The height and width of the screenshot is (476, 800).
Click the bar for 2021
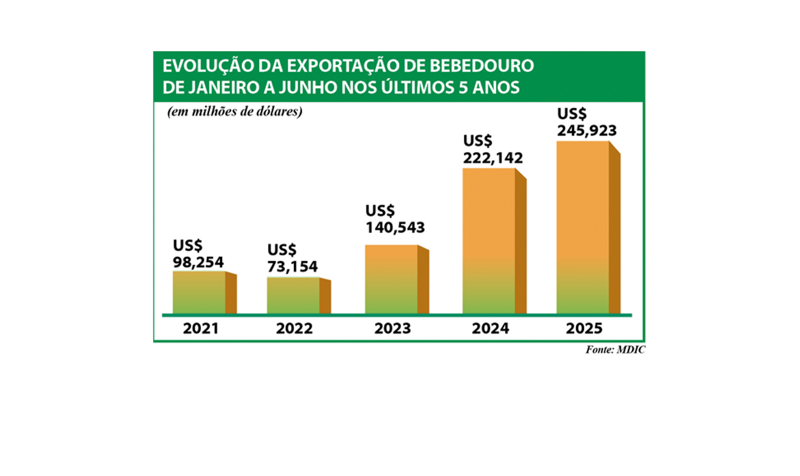coord(199,292)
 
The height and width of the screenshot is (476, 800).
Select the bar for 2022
coord(293,295)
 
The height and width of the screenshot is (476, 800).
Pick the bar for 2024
coord(489,240)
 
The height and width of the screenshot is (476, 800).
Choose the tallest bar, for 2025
coord(583,227)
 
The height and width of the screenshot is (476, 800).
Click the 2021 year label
coord(201,328)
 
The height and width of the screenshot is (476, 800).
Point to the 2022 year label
coord(294,328)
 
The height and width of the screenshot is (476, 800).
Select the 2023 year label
coord(393,328)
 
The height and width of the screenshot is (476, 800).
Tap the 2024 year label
coord(490,328)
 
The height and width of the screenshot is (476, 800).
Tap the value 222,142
coord(493,158)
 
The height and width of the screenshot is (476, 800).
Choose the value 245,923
coord(586,130)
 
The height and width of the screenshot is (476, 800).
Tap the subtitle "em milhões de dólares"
coord(235,112)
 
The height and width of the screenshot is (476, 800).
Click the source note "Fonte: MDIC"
coord(615,350)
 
